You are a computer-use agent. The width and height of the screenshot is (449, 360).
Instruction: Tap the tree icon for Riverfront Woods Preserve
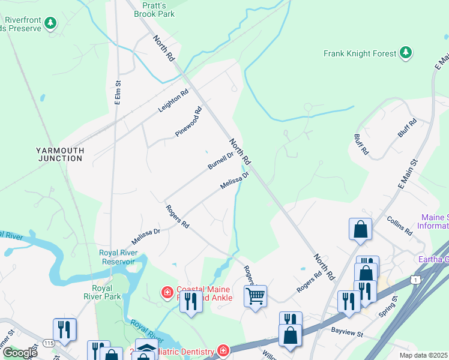(x=52, y=23)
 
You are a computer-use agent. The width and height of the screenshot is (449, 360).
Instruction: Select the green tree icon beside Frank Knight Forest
(x=406, y=53)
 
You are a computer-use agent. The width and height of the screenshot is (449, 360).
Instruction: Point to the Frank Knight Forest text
(x=360, y=53)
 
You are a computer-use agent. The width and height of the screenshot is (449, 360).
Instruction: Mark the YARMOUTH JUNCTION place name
(x=59, y=154)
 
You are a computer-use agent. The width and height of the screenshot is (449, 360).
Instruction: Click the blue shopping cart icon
(x=255, y=295)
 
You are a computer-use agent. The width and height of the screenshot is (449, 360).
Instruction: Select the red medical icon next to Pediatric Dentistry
(x=223, y=350)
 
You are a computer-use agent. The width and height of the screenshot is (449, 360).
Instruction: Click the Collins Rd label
(x=399, y=226)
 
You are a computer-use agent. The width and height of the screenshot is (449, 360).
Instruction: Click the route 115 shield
(x=49, y=344)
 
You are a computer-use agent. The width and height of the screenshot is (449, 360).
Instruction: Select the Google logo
(x=20, y=353)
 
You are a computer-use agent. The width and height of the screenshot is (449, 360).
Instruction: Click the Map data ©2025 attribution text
(x=423, y=355)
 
